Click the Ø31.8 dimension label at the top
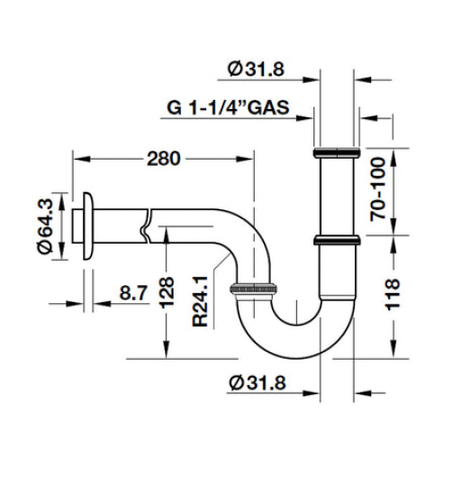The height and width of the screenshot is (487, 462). (x=258, y=69)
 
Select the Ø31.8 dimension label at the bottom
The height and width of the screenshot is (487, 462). (x=258, y=382)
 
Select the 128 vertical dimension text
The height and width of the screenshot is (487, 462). (x=167, y=294)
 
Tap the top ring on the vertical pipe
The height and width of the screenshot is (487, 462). (x=337, y=152)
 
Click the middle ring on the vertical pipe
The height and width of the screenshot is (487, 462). (x=337, y=240)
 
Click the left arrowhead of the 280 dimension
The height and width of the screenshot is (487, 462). (x=79, y=159)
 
